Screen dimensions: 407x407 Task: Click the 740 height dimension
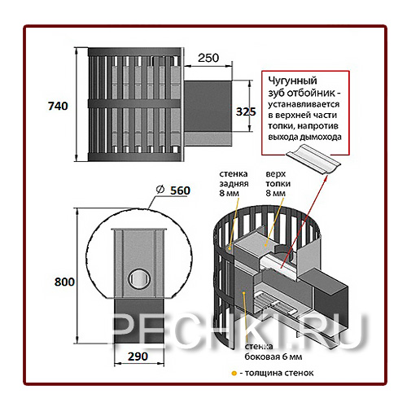58,106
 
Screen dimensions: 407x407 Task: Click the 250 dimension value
208,58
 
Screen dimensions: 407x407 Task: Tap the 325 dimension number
246,112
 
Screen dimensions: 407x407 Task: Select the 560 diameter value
180,190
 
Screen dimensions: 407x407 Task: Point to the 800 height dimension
64,282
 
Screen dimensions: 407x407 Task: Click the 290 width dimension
138,357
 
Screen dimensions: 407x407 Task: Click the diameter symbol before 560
160,190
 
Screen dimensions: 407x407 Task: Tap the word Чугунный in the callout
292,81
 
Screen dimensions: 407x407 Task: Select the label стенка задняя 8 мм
234,183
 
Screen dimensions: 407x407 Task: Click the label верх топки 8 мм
278,183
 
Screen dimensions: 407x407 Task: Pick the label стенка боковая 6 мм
274,352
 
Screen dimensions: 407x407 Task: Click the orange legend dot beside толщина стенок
234,374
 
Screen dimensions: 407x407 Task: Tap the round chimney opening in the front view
138,279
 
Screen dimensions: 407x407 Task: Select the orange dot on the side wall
244,293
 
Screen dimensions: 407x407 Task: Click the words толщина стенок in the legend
279,374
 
